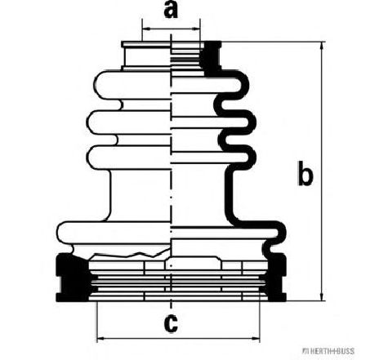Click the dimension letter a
pyautogui.click(x=171, y=11)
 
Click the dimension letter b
pyautogui.click(x=305, y=173)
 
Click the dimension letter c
pyautogui.click(x=171, y=324)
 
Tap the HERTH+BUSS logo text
pyautogui.click(x=328, y=351)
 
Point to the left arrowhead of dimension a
pyautogui.click(x=146, y=29)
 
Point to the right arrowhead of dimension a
pyautogui.click(x=196, y=29)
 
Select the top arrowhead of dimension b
pyautogui.click(x=323, y=47)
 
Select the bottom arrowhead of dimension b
pyautogui.click(x=323, y=296)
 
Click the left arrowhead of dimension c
pyautogui.click(x=101, y=339)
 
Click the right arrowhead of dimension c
pyautogui.click(x=256, y=339)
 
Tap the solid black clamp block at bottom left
pyautogui.click(x=72, y=278)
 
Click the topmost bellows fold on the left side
pyautogui.click(x=132, y=84)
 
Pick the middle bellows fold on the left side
pyautogui.click(x=128, y=122)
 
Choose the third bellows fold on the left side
pyautogui.click(x=128, y=158)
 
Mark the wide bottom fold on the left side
pyautogui.click(x=114, y=233)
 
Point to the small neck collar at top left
pyautogui.click(x=146, y=56)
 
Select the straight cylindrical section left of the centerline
pyautogui.click(x=140, y=194)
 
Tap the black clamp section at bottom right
pyautogui.click(x=277, y=278)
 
